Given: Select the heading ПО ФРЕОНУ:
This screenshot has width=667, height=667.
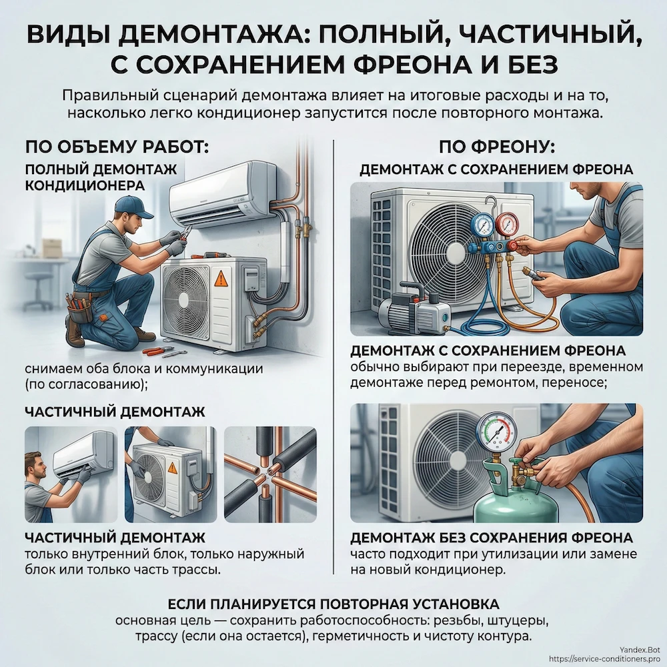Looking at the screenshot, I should (496, 145).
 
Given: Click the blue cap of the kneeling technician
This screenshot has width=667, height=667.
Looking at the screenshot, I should (133, 205).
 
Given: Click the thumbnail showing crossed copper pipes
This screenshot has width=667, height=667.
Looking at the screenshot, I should (270, 474).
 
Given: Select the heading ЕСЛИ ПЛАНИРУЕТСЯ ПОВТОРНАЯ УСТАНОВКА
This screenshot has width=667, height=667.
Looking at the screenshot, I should (333, 604).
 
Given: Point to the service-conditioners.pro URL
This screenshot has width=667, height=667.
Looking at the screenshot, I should (606, 658).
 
